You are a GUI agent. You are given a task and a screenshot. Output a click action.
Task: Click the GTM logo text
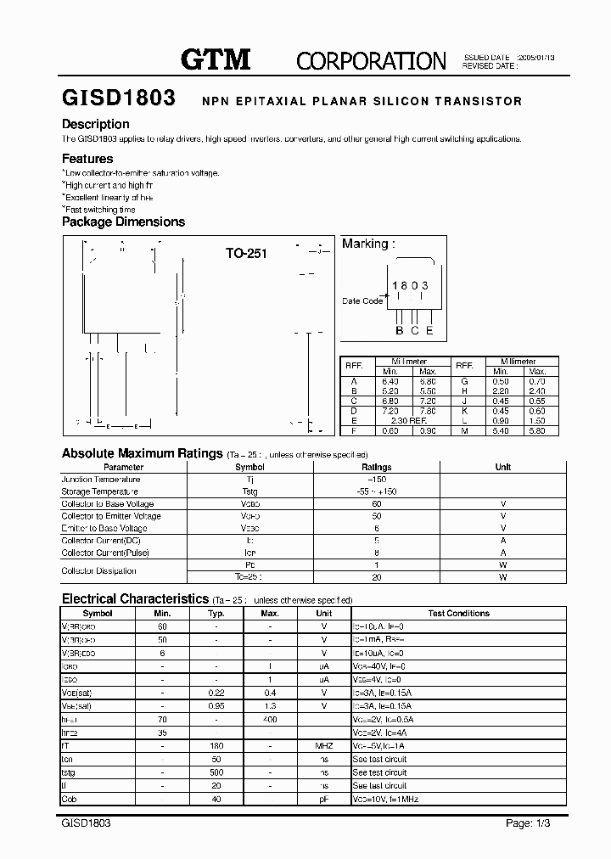click(216, 59)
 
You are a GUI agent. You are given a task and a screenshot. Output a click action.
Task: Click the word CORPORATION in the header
click(371, 60)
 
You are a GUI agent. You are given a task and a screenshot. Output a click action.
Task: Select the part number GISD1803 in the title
click(119, 98)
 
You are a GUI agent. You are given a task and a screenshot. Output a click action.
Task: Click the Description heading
click(96, 124)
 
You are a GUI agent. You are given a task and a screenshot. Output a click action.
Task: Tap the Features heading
click(87, 159)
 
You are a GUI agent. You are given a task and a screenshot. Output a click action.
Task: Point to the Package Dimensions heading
click(123, 222)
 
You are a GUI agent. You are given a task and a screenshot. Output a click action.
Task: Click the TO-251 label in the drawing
click(246, 253)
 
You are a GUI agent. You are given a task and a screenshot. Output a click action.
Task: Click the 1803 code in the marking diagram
click(409, 286)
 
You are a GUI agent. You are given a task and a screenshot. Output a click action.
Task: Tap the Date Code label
click(362, 300)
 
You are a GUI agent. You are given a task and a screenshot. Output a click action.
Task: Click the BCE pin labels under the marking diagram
click(414, 330)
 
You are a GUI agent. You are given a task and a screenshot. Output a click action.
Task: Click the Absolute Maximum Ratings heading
click(142, 453)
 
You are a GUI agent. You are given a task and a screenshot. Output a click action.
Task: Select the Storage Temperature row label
click(100, 491)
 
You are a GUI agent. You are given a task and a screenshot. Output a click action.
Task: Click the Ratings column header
click(376, 467)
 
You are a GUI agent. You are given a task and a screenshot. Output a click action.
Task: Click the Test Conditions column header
click(458, 613)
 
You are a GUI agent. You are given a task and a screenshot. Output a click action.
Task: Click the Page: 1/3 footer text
click(527, 823)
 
